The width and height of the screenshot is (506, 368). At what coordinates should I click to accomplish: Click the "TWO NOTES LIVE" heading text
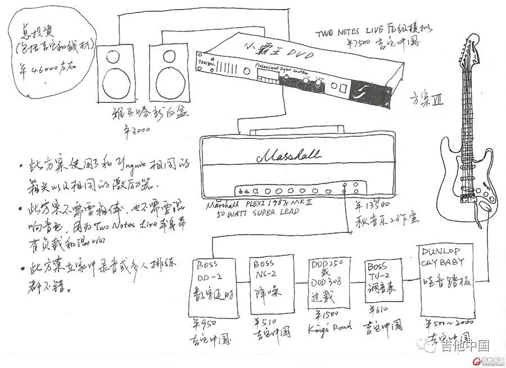click(x=352, y=33)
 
